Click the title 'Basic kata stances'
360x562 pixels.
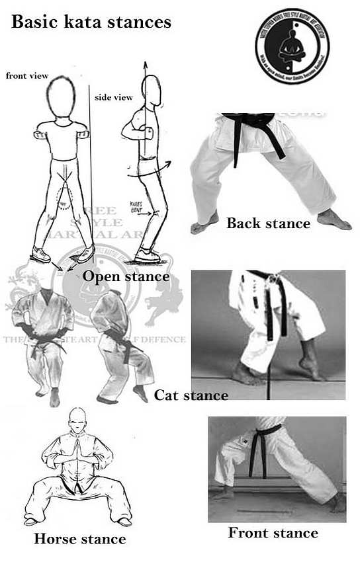91,22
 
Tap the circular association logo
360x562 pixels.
292,46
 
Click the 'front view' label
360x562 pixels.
27,76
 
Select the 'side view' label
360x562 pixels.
114,97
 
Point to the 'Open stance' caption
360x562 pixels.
126,276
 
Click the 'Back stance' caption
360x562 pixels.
268,223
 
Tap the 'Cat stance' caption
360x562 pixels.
191,395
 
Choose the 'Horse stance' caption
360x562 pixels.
79,539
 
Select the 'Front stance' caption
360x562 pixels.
273,532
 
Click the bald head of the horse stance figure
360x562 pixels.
78,419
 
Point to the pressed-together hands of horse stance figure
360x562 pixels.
78,450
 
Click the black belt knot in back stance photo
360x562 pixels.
248,122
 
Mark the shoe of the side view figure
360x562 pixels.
147,255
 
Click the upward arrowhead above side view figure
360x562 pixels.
144,65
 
